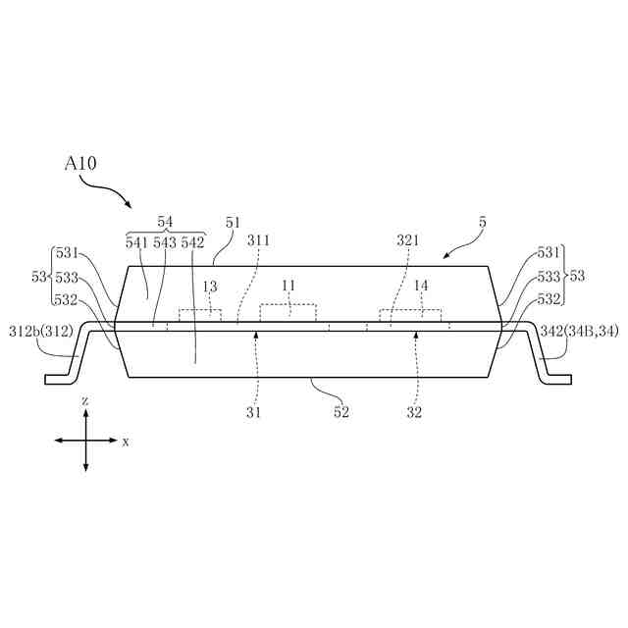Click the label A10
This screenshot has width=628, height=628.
81,163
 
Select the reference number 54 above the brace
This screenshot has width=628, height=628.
166,224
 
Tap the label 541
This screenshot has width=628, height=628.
136,242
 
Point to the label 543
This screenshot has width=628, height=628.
164,242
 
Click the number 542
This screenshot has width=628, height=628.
192,242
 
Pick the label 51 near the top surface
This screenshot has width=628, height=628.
233,224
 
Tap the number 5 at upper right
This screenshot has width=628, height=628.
482,224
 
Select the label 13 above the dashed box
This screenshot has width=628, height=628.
209,287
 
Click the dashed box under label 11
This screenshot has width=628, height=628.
288,313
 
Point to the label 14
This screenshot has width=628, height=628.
422,287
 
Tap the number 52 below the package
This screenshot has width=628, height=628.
340,412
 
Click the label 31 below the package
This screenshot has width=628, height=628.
254,412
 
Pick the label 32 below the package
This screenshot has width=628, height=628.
414,412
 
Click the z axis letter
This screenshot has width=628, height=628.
86,402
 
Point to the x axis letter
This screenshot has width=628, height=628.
126,443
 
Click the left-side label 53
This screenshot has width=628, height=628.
39,278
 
